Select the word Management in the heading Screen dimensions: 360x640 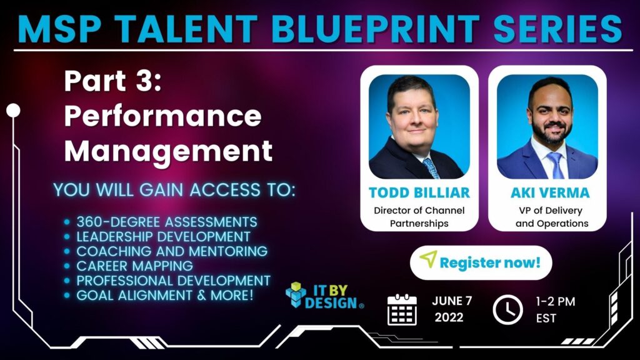[168, 151]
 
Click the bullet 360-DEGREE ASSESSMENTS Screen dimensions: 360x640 [166, 222]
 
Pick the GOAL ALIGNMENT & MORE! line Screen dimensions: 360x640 [165, 296]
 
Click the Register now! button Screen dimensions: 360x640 [481, 262]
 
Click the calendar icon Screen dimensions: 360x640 [402, 309]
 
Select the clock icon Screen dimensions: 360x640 [507, 309]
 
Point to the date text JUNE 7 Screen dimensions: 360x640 [452, 301]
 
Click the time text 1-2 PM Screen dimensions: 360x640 [556, 301]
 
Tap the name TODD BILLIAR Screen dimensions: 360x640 [419, 192]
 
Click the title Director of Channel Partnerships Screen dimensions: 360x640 [419, 217]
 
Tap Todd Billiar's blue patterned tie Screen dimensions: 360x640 [430, 167]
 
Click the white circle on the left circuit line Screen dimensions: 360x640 [13, 111]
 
